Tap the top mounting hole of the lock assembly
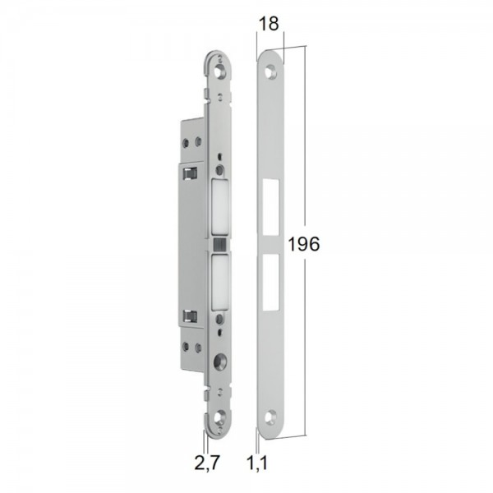pyautogui.click(x=221, y=73)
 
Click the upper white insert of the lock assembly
pyautogui.click(x=219, y=209)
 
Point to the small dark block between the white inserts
pyautogui.click(x=219, y=246)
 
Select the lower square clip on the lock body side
pyautogui.click(x=189, y=314)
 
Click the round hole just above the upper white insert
pyautogui.click(x=219, y=171)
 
